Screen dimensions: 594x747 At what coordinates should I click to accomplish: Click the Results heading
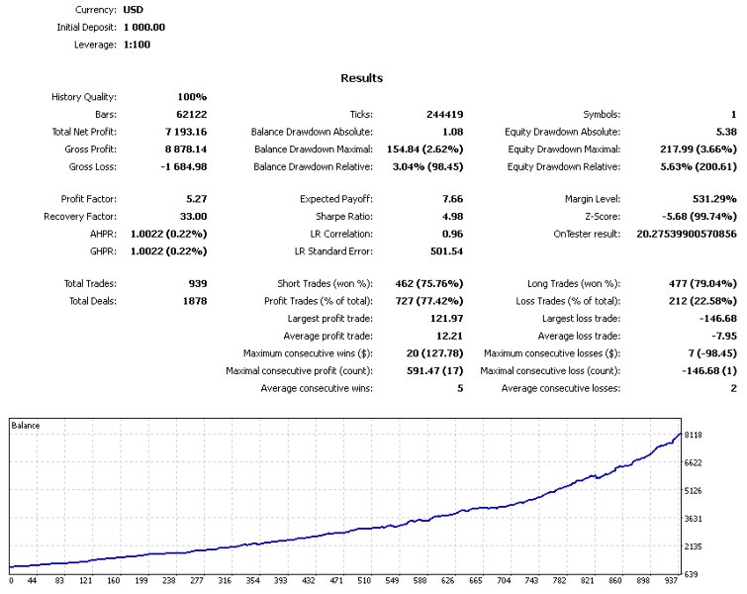pos(361,78)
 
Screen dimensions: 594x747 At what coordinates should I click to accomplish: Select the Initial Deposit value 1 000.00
pos(144,27)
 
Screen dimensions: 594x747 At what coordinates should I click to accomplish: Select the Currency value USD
pos(133,9)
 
